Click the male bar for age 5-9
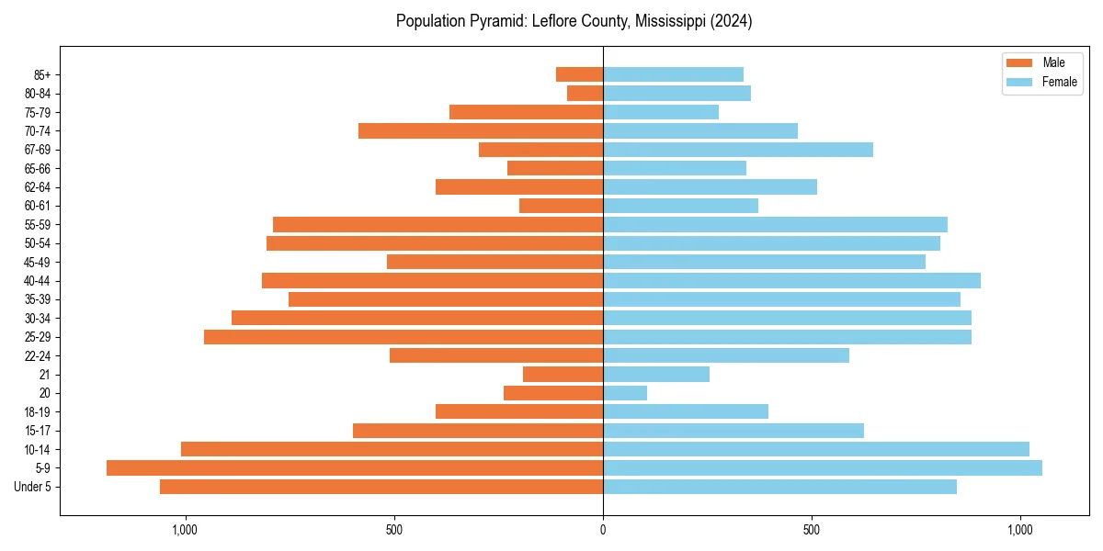(355, 468)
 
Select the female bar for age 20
(625, 393)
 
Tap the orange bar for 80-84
(585, 94)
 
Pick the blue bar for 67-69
(738, 150)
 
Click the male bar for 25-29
(404, 337)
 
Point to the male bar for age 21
(563, 375)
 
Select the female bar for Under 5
(779, 487)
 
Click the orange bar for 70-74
(481, 131)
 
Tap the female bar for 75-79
(661, 112)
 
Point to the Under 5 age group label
(33, 487)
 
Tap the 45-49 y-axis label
(38, 263)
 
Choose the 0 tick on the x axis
(603, 530)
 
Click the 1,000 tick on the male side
(185, 530)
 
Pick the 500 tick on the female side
(812, 530)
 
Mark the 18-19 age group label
(38, 412)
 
